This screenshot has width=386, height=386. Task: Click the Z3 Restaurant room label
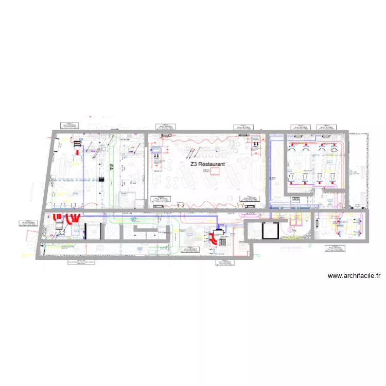click(x=207, y=164)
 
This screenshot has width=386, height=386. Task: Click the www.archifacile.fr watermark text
click(x=354, y=276)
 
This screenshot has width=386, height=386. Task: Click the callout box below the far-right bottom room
click(x=335, y=248)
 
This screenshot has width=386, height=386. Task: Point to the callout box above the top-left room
click(x=67, y=125)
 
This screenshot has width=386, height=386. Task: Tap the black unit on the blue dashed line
click(x=101, y=180)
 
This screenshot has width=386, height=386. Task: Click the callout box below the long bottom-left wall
click(x=82, y=262)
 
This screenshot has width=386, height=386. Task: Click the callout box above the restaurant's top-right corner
click(x=243, y=127)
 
